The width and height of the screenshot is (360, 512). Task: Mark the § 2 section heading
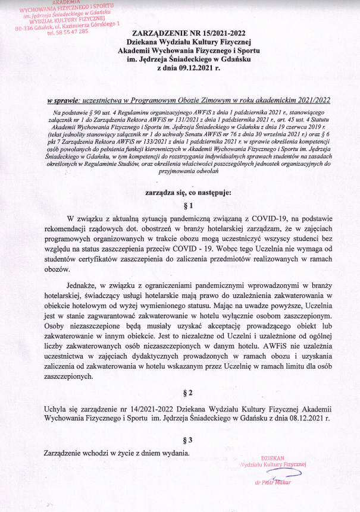188,392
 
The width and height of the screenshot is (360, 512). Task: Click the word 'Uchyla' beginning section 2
57,410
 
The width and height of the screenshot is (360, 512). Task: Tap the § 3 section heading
188,441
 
